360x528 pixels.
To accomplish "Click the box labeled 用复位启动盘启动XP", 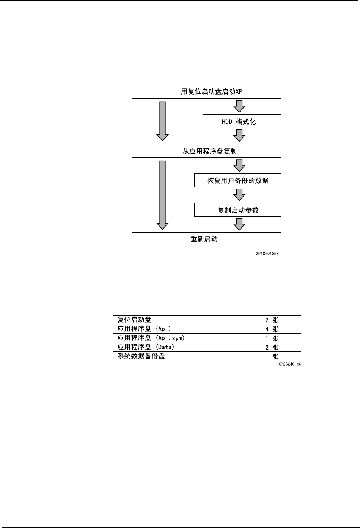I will point(206,92).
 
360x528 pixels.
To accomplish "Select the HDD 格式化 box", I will point(242,121).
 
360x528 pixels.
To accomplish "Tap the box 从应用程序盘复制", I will point(206,151).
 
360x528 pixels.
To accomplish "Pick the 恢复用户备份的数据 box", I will point(237,180).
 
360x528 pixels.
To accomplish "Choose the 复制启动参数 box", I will point(237,210).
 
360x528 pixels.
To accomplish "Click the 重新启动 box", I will point(206,239).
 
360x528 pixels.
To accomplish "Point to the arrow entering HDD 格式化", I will point(239,106).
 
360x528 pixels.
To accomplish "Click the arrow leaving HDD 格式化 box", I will point(239,136).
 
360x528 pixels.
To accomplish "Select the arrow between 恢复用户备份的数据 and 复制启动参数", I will point(239,195).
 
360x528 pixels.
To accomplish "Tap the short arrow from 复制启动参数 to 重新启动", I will point(239,224).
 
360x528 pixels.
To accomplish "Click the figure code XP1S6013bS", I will point(267,253).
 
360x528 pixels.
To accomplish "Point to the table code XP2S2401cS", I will point(289,364).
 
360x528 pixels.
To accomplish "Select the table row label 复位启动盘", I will point(134,320).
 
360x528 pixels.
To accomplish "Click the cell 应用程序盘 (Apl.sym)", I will point(151,338).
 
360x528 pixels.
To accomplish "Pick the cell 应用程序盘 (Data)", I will point(146,347).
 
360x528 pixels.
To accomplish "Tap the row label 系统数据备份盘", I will point(141,356).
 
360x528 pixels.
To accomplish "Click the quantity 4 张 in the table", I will point(272,329).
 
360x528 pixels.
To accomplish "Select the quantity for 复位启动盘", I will point(272,320).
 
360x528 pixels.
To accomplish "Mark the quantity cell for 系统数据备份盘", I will point(272,356).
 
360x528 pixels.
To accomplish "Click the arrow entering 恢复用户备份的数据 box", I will point(239,165).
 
